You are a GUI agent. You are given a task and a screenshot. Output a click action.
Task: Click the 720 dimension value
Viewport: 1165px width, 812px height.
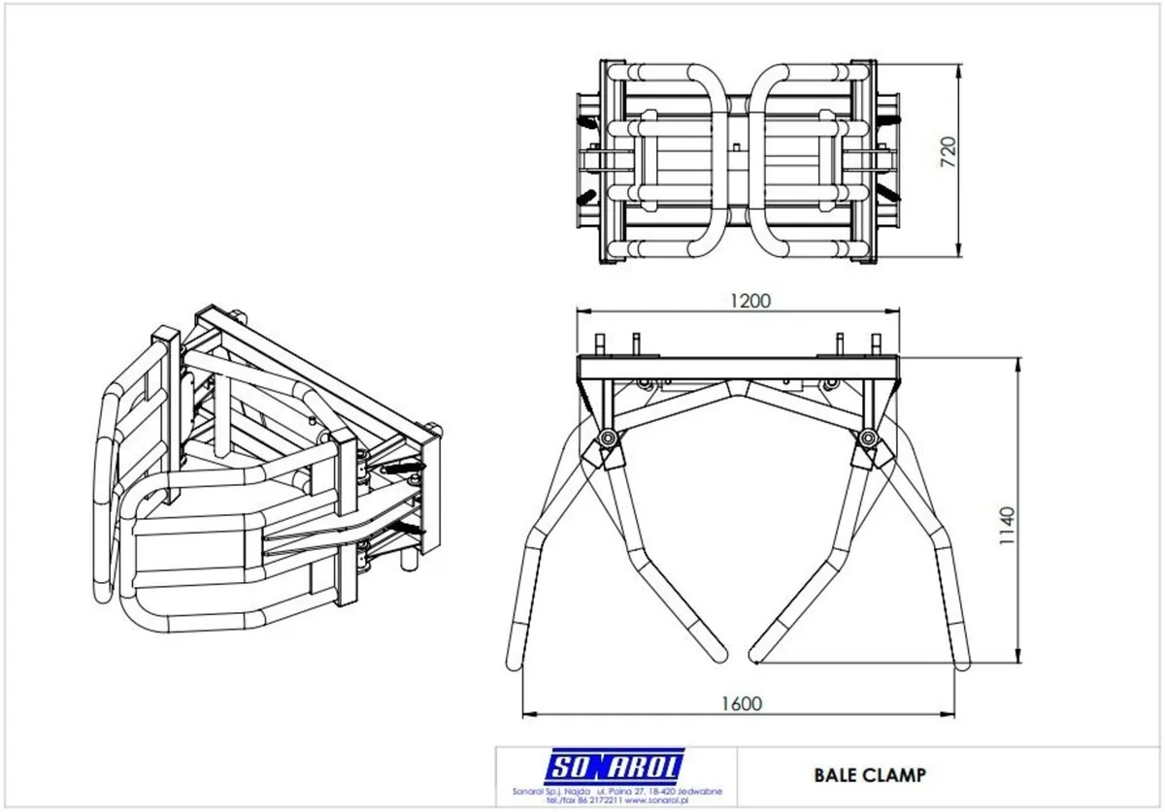point(949,151)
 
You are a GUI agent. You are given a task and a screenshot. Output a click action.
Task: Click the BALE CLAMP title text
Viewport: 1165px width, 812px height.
point(869,774)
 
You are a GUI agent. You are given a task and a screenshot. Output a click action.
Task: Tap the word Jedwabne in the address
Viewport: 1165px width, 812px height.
point(697,793)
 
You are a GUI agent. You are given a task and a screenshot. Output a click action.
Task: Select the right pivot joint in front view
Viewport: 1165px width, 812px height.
point(867,441)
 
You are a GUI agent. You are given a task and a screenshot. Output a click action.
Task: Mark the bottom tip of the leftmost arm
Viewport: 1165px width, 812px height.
point(515,662)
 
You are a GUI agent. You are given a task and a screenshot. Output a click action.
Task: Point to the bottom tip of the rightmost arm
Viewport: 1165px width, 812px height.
point(961,662)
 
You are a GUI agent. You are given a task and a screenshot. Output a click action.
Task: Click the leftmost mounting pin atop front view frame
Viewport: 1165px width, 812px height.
point(600,343)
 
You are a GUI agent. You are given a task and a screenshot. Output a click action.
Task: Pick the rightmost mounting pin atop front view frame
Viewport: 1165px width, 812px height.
point(876,343)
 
